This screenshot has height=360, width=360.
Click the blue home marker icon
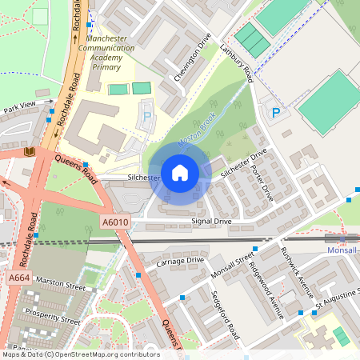click(180, 172)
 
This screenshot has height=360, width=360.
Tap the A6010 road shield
click(115, 222)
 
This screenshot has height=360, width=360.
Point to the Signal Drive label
click(211, 221)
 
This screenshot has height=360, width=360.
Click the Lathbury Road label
click(237, 63)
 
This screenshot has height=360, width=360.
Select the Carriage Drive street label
click(180, 261)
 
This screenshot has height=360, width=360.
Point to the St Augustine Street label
click(337, 303)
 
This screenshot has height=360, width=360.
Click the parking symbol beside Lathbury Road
click(276, 113)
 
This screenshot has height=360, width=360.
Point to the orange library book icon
click(30, 152)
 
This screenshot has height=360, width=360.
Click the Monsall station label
click(344, 250)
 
